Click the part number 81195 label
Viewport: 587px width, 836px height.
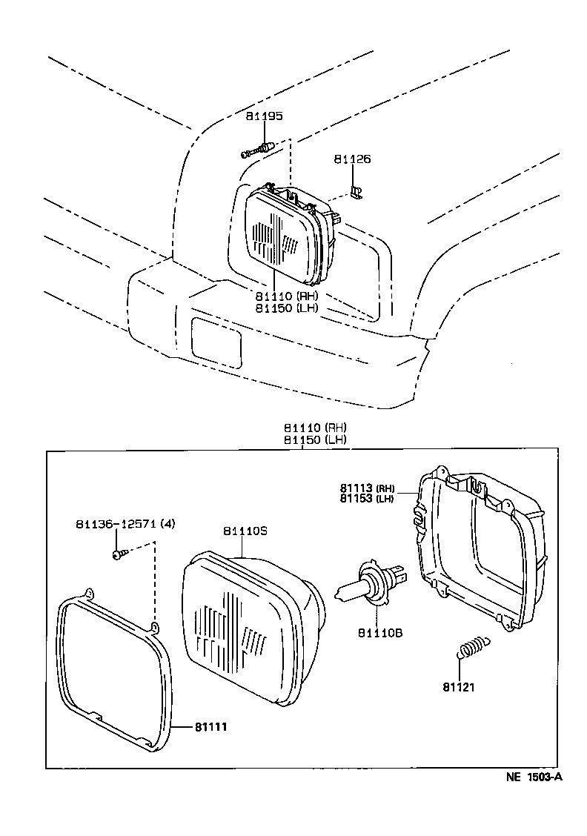click(265, 116)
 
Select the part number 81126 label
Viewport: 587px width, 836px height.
click(352, 159)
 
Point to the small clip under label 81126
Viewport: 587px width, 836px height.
click(356, 193)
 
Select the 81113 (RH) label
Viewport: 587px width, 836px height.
click(368, 488)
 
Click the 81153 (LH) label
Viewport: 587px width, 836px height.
click(368, 499)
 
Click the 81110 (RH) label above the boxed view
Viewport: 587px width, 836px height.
click(314, 428)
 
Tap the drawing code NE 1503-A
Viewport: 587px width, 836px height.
click(534, 777)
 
